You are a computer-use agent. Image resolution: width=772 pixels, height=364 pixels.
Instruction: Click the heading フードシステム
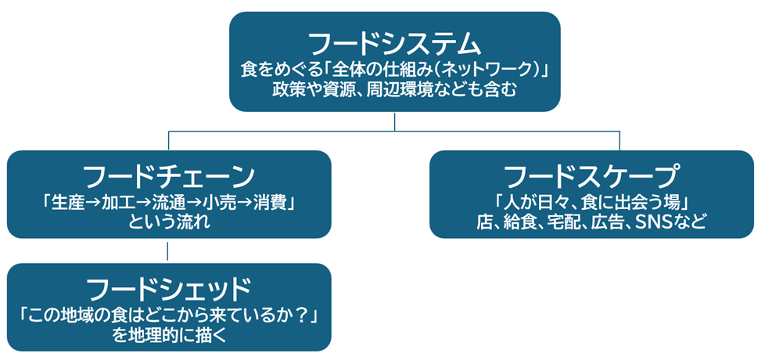[394, 41]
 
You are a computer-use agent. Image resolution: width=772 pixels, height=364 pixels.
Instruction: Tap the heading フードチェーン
[168, 175]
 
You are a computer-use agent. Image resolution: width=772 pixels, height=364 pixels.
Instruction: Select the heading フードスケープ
[591, 175]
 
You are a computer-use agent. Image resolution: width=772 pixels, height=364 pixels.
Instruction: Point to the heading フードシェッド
[168, 288]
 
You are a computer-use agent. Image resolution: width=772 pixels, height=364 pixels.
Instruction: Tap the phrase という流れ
[168, 222]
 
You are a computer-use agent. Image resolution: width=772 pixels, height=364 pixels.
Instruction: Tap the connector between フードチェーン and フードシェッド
[168, 250]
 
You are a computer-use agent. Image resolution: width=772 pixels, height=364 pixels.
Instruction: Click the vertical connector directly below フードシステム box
[394, 121]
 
